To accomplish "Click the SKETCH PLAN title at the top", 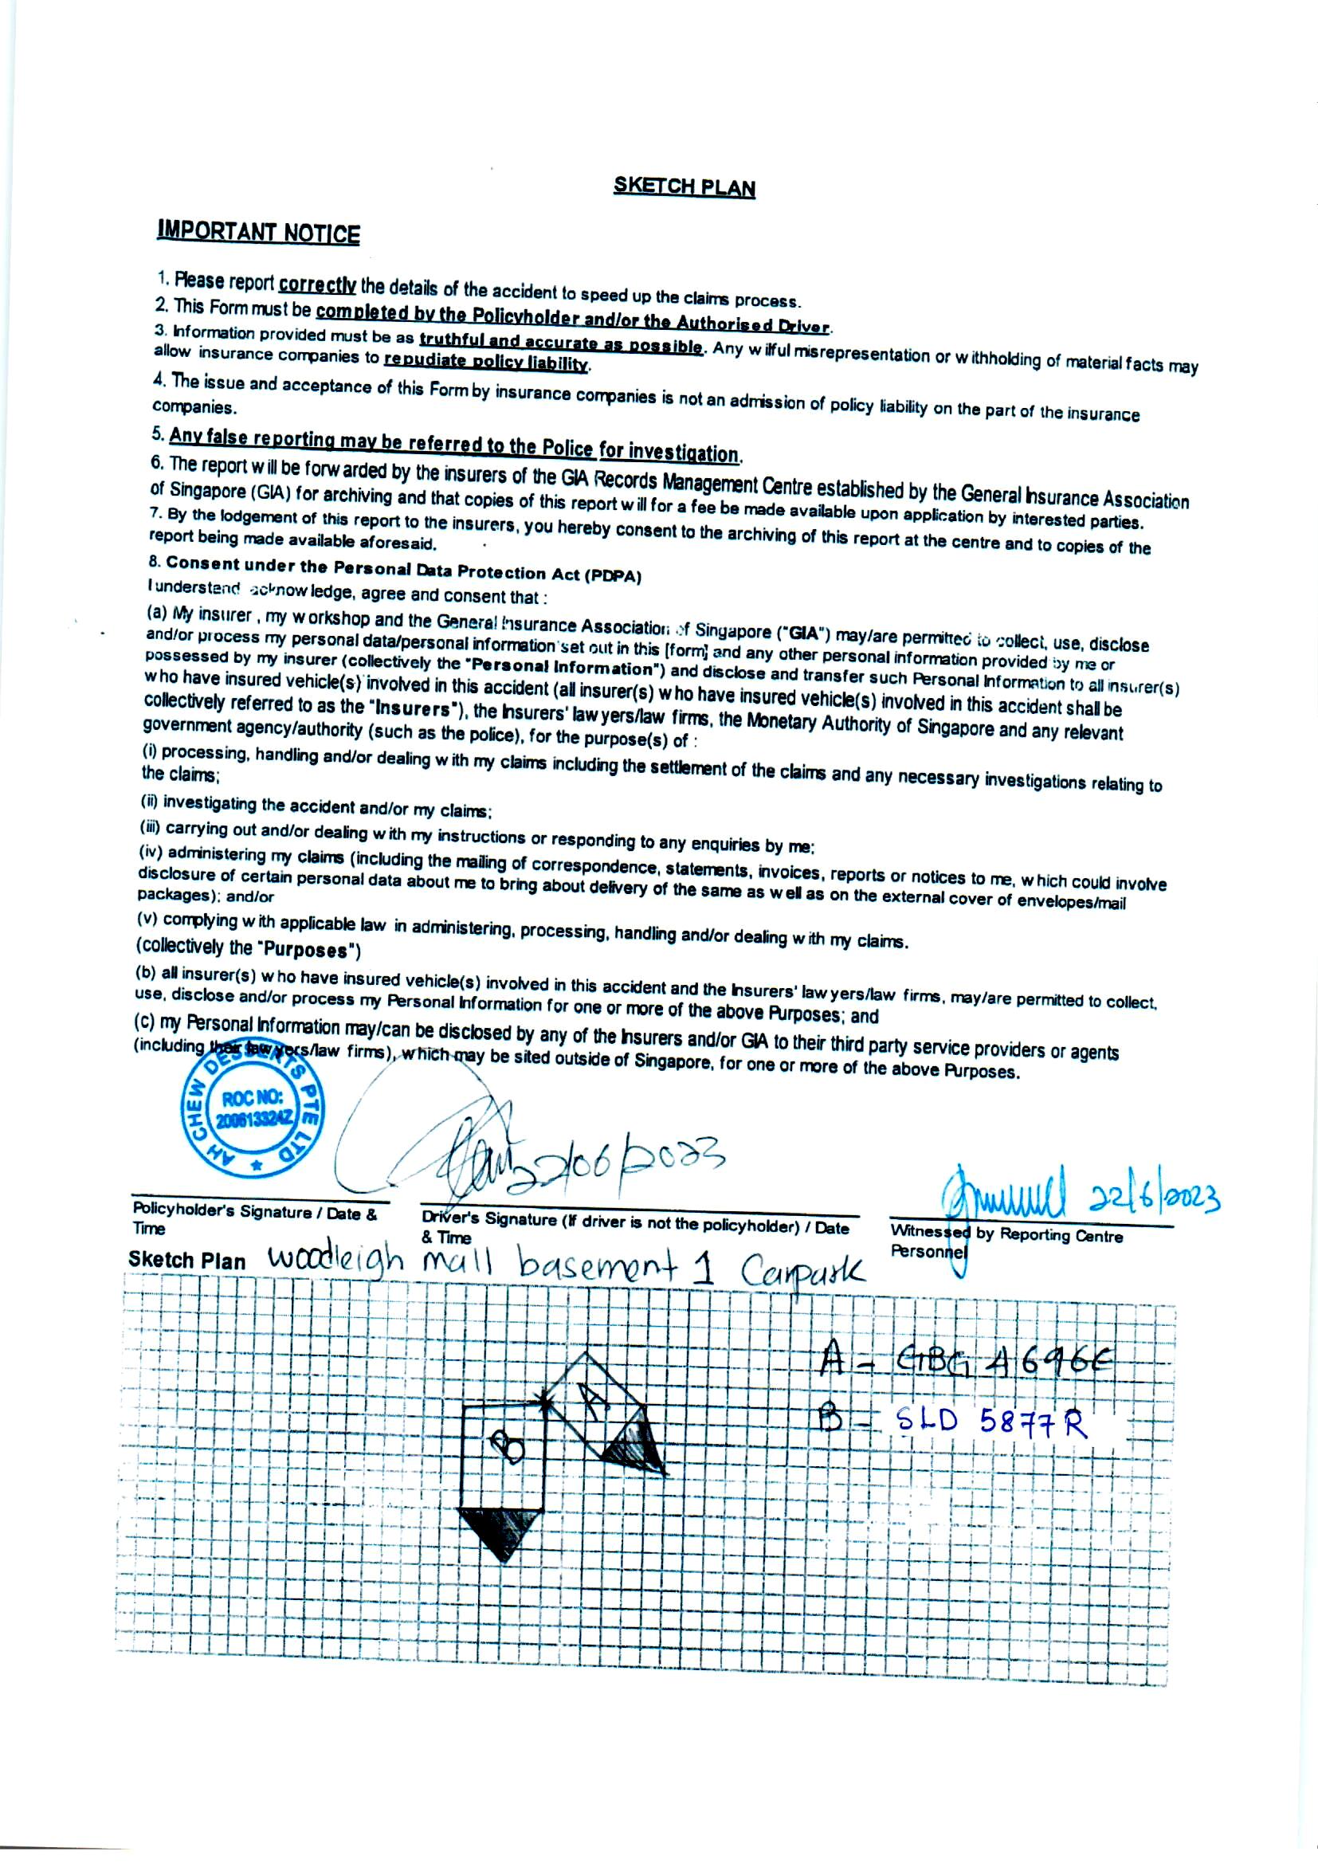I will pos(684,186).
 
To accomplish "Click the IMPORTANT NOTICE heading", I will pos(258,233).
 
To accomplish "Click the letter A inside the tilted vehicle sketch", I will pos(594,1399).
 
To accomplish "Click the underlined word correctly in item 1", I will pos(317,284).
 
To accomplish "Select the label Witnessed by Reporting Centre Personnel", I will pos(1006,1242).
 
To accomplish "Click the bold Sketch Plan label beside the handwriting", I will pos(186,1261).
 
